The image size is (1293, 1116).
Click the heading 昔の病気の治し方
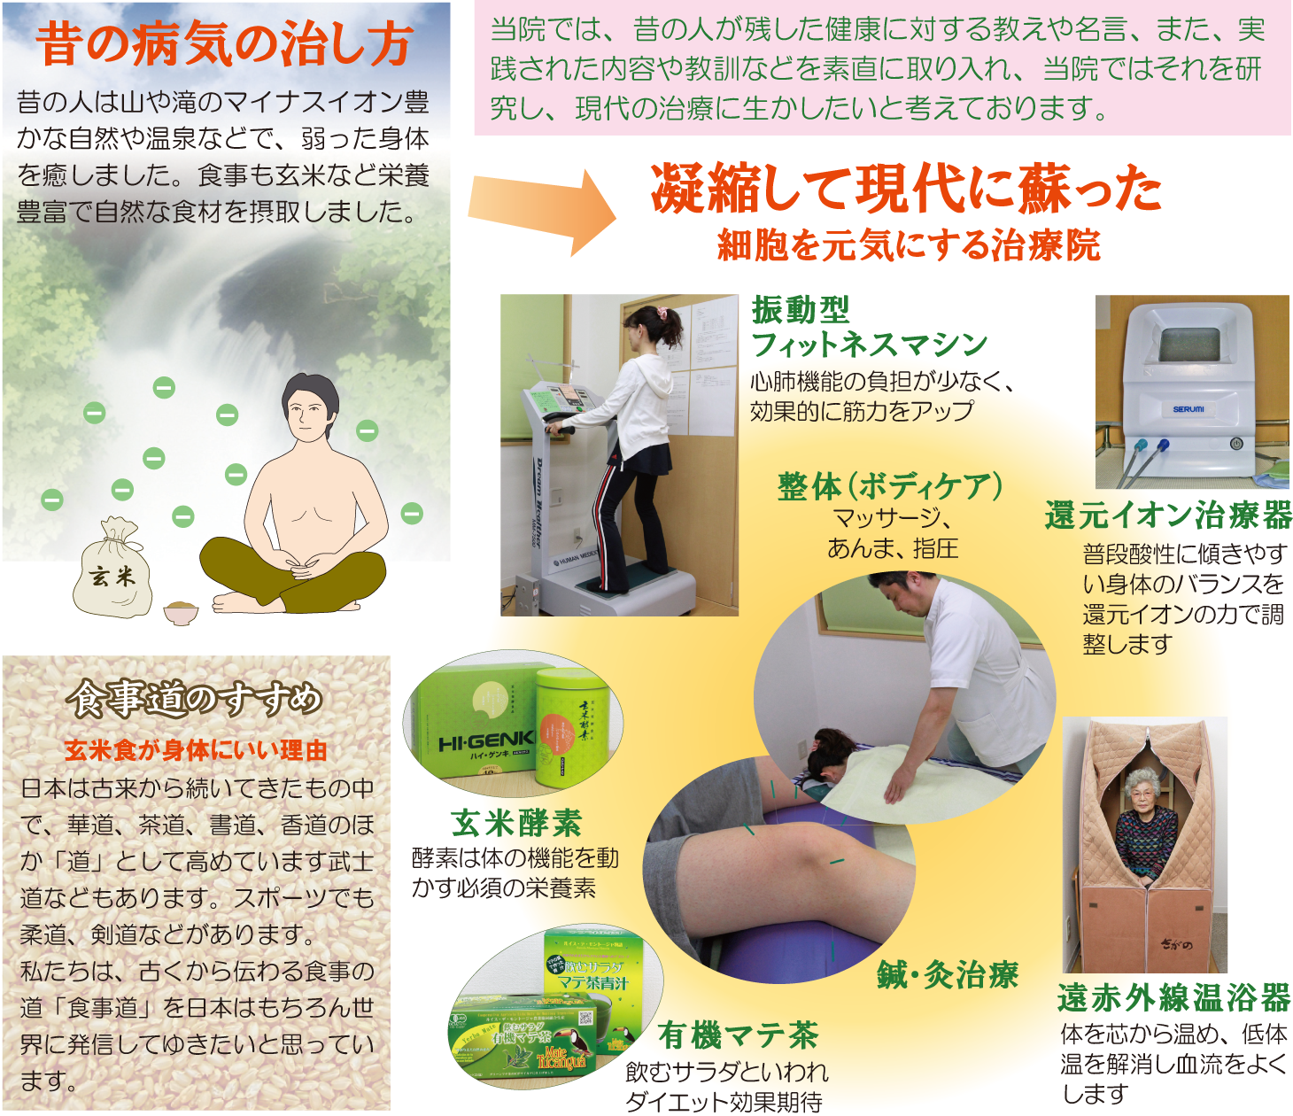pyautogui.click(x=224, y=44)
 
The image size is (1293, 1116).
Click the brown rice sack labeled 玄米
pyautogui.click(x=112, y=571)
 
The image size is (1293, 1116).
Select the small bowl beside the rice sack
pyautogui.click(x=181, y=612)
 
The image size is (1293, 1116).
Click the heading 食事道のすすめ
pyautogui.click(x=197, y=700)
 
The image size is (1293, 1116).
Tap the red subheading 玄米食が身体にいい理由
pyautogui.click(x=196, y=751)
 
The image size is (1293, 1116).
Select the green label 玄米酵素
pyautogui.click(x=516, y=823)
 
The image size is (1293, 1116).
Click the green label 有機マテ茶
pyautogui.click(x=738, y=1035)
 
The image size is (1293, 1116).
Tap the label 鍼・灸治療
pyautogui.click(x=948, y=975)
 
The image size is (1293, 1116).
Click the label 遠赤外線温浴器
pyautogui.click(x=1173, y=998)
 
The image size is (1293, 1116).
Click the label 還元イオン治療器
pyautogui.click(x=1168, y=515)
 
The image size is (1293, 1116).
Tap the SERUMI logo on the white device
pyautogui.click(x=1188, y=409)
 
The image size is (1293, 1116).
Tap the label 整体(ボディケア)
pyautogui.click(x=889, y=486)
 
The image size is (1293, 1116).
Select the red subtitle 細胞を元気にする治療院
pyautogui.click(x=909, y=245)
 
